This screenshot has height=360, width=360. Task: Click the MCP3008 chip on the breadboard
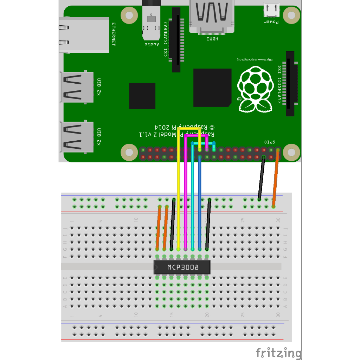coord(182,267)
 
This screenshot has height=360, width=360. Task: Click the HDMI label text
coord(212,39)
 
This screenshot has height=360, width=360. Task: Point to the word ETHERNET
coord(114,34)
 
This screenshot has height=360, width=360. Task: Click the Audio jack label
coord(152,44)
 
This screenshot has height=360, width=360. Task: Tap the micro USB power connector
coord(271,11)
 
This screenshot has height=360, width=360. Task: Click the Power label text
coord(271,22)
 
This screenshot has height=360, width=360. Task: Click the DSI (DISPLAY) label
coord(279,84)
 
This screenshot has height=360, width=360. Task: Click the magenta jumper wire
coord(186,197)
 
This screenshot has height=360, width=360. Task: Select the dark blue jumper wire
coord(200,204)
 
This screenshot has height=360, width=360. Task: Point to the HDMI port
coord(212,16)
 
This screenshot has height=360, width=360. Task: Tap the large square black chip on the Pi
coord(212,88)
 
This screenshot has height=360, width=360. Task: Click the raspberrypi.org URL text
coord(254,59)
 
